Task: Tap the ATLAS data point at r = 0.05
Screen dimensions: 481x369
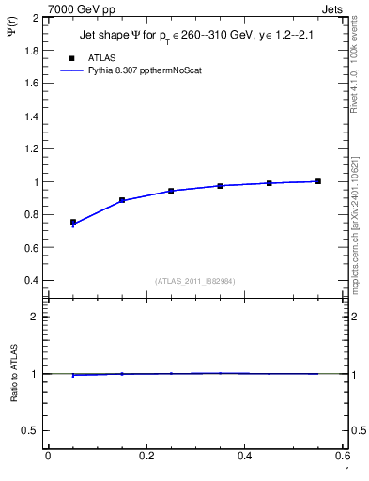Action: click(x=73, y=223)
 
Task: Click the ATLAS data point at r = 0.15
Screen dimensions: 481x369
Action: click(x=122, y=200)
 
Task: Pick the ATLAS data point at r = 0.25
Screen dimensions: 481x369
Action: click(x=171, y=191)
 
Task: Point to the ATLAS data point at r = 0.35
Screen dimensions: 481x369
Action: click(x=221, y=186)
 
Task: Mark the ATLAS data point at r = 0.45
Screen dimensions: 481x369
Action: click(x=269, y=183)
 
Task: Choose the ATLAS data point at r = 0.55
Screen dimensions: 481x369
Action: click(x=318, y=181)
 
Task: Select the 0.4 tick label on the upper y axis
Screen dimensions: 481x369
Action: click(x=31, y=281)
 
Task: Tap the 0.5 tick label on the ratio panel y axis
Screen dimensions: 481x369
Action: click(x=31, y=430)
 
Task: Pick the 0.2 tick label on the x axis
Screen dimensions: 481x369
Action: click(x=146, y=456)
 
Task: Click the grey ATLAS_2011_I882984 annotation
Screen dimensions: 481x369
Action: click(x=195, y=281)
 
